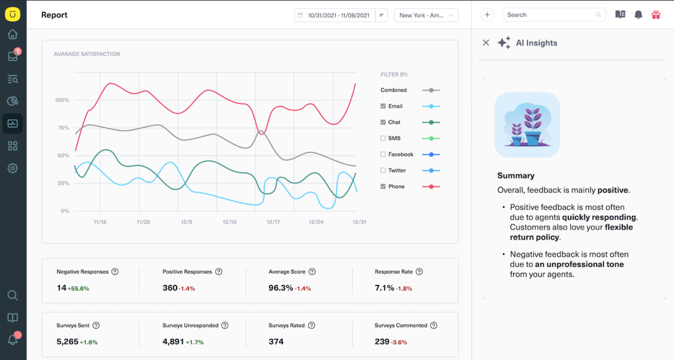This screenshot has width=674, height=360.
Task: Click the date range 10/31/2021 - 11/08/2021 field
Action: [338, 15]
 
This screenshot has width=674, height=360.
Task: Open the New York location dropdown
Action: [426, 15]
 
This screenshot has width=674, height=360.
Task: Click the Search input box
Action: [551, 15]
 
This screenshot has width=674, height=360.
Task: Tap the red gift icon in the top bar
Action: [656, 15]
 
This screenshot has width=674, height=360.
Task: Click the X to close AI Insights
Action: [486, 43]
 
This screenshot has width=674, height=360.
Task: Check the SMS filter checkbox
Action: [383, 138]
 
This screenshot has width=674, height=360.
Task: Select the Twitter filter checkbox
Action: [383, 170]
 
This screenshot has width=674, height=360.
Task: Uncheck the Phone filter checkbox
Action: [383, 187]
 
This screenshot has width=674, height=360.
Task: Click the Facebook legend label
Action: [401, 155]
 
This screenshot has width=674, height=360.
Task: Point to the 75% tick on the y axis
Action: [64, 128]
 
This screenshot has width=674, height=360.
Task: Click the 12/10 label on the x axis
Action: [229, 222]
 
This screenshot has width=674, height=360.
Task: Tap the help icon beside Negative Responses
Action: [115, 272]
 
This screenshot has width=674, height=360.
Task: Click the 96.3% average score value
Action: [280, 288]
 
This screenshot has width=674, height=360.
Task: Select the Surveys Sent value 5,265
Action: [67, 342]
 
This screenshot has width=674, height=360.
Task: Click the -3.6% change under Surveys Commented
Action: [399, 342]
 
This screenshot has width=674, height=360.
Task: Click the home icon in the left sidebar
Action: [13, 34]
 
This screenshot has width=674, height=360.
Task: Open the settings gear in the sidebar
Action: [13, 168]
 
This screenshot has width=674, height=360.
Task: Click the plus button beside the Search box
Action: [487, 15]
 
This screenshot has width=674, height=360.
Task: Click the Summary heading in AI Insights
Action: [516, 176]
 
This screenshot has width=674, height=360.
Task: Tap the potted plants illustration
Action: [527, 125]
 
